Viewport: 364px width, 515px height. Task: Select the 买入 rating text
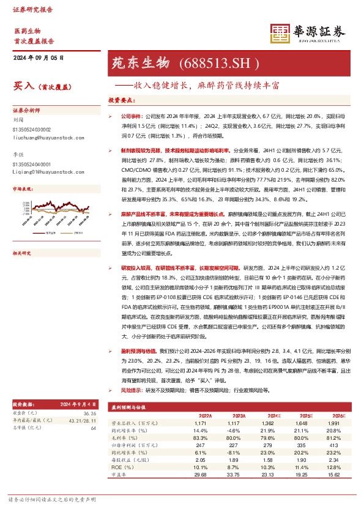coord(22,86)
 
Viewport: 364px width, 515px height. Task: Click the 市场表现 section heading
coord(23,190)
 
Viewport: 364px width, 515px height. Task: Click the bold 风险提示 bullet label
coord(132,390)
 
